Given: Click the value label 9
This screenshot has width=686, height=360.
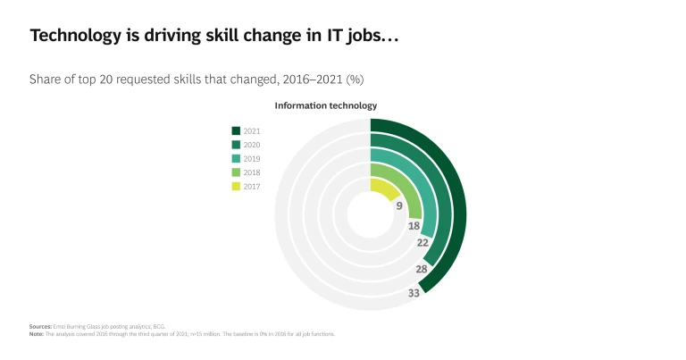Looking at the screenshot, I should click(x=399, y=205).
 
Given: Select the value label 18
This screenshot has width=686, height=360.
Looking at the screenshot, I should click(x=414, y=227).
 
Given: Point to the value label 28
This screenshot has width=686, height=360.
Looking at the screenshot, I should click(x=421, y=269).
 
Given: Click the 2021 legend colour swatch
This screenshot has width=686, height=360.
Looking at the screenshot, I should click(x=236, y=130).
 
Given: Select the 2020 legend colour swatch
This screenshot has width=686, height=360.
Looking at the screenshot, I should click(x=236, y=145).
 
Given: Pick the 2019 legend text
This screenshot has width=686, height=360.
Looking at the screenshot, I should click(x=252, y=158).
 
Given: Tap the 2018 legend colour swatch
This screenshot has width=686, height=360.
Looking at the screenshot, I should click(x=236, y=172).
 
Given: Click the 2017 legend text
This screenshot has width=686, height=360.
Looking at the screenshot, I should click(x=252, y=187).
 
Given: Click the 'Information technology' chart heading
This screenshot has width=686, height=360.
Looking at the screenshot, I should click(x=325, y=105).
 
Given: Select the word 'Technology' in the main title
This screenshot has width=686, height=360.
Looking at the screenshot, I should click(x=73, y=35).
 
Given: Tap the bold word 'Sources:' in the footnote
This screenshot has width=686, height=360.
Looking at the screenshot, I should click(x=39, y=328).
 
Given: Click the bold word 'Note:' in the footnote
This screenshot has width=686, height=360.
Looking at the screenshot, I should click(x=36, y=334).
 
